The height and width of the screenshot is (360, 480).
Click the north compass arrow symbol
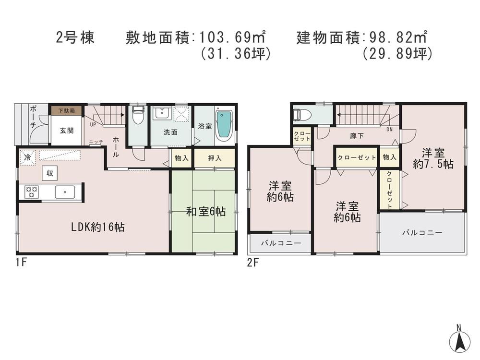pyautogui.click(x=459, y=342)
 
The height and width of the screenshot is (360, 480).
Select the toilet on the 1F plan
pyautogui.click(x=138, y=116)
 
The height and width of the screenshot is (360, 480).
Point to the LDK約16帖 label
pyautogui.click(x=98, y=228)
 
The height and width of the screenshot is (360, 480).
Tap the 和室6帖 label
pyautogui.click(x=206, y=211)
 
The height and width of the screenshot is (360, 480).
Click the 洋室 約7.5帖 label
pyautogui.click(x=433, y=158)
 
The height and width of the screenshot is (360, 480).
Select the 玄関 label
pyautogui.click(x=66, y=131)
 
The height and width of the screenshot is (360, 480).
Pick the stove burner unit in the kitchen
pyautogui.click(x=32, y=192)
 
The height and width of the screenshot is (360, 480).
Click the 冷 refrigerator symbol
pyautogui.click(x=28, y=157)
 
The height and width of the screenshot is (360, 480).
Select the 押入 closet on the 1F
pyautogui.click(x=214, y=158)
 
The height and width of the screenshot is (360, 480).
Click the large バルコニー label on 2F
pyautogui.click(x=422, y=232)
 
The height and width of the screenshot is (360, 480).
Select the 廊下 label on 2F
pyautogui.click(x=357, y=136)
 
